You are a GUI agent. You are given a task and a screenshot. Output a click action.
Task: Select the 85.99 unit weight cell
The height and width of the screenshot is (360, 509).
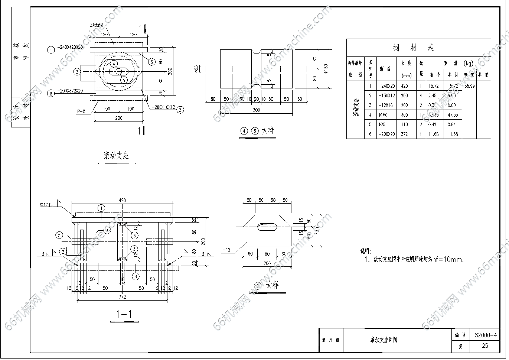pos(469,86)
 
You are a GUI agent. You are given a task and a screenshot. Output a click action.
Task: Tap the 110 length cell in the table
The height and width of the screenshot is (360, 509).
pos(404,125)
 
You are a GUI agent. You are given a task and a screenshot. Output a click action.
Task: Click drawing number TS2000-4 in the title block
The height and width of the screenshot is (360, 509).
pos(484,335)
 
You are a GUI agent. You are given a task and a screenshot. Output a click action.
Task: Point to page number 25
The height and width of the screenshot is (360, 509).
pos(485,346)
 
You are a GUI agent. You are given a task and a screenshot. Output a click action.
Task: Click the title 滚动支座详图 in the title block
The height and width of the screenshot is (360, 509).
pos(384,340)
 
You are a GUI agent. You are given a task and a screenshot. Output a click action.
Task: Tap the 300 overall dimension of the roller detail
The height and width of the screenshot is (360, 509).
pos(256,110)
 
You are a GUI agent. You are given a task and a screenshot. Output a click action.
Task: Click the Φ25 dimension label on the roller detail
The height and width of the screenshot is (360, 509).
pos(197,68)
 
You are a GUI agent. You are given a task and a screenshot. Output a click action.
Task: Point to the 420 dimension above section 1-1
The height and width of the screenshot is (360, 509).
pos(122,201)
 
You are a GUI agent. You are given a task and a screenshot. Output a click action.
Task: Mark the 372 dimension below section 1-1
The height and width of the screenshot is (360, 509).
pos(122,297)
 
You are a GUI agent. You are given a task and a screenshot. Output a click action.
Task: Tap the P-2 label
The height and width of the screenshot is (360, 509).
pos(81,111)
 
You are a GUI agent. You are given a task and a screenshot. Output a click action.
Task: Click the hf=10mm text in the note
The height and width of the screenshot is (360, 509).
pos(444,260)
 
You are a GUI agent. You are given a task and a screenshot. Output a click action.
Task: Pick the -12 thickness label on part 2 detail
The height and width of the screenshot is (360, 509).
pos(227,250)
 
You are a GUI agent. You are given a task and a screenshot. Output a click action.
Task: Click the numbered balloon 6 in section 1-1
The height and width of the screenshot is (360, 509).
pos(136,276)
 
